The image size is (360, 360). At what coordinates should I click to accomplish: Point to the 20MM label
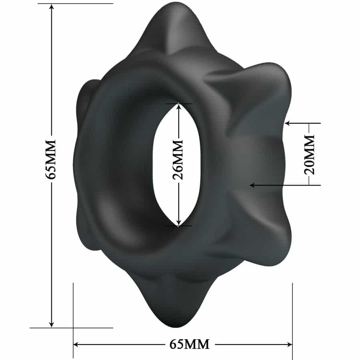tap(310, 154)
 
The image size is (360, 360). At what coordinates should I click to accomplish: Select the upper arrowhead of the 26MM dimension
tap(179, 106)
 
